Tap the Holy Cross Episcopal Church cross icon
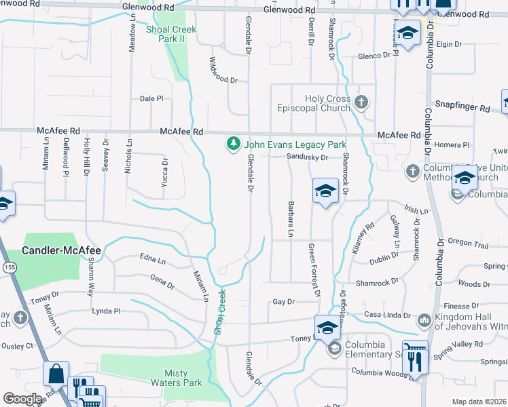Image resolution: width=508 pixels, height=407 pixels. pyautogui.click(x=361, y=103)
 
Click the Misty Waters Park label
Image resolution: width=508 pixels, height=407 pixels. pyautogui.click(x=183, y=379)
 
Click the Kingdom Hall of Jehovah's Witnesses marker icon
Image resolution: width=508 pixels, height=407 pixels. pyautogui.click(x=424, y=319)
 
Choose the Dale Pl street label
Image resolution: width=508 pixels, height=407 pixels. pyautogui.click(x=151, y=98)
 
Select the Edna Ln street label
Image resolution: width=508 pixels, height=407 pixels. pyautogui.click(x=152, y=260)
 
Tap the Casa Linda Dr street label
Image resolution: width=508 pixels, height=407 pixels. pyautogui.click(x=388, y=315)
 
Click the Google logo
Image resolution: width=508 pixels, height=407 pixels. pyautogui.click(x=22, y=399)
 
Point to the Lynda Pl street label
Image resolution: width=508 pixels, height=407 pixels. pyautogui.click(x=106, y=311)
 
